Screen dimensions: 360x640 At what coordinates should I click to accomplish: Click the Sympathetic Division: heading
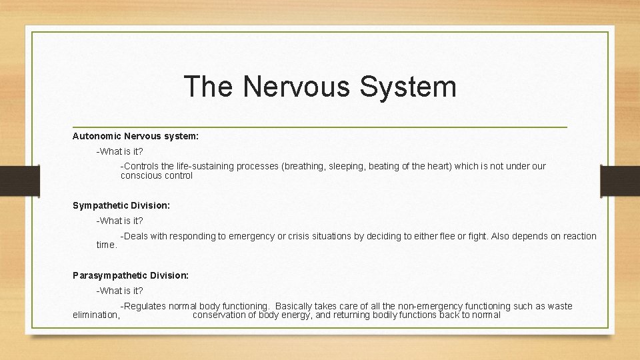click(x=121, y=206)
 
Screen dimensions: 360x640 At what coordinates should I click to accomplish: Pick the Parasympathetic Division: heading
click(x=131, y=275)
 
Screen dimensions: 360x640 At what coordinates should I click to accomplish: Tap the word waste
click(x=558, y=306)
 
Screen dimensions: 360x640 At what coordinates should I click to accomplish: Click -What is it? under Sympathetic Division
click(x=119, y=221)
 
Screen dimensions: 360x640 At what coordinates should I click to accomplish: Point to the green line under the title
click(x=320, y=127)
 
